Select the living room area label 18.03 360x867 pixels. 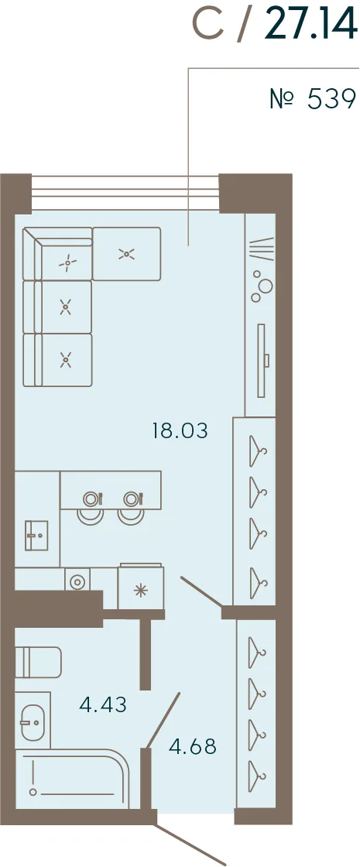coord(180,430)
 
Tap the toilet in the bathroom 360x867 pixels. coord(38,662)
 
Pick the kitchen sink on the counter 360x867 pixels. coord(36,535)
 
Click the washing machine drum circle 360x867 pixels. coord(77,581)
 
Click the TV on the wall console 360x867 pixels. coord(263,361)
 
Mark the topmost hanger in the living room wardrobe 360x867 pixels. coord(258,451)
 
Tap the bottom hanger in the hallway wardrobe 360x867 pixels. coord(257,777)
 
